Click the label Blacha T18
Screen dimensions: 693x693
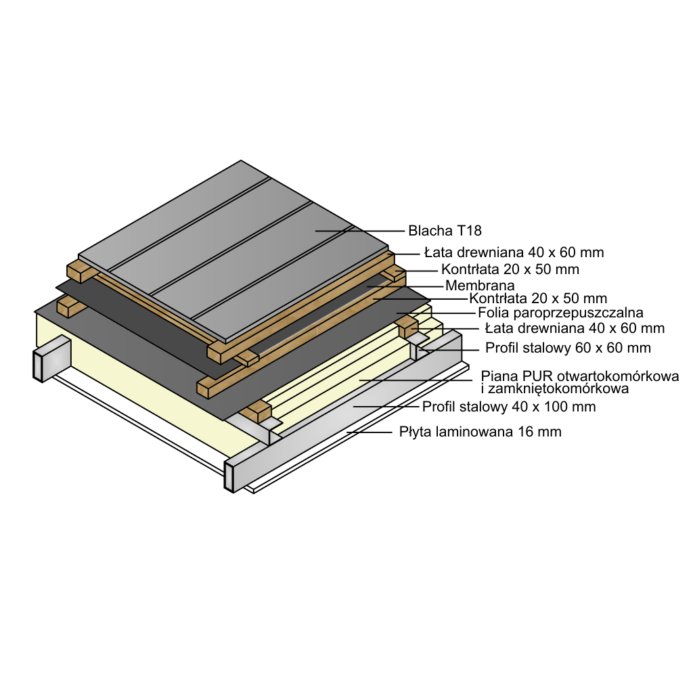coord(445,231)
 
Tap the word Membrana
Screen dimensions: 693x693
coord(480,286)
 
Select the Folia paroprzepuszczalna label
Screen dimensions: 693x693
coord(560,313)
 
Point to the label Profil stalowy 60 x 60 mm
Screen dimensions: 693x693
coord(568,348)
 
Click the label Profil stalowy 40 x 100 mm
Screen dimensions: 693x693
coord(509,407)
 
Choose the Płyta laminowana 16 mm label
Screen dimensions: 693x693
coord(480,431)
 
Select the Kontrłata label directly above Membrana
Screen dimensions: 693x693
coord(510,269)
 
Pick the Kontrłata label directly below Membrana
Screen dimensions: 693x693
coord(538,298)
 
